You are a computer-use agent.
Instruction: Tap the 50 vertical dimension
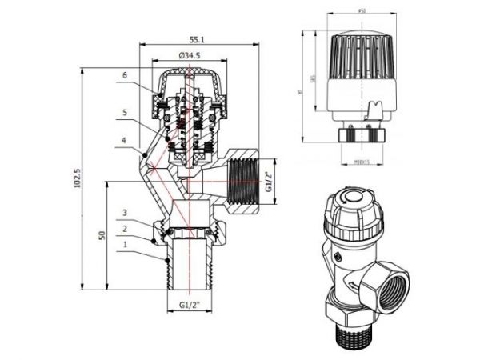pos(102,237)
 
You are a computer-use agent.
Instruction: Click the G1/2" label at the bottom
pos(189,304)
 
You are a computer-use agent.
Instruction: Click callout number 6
pos(125,75)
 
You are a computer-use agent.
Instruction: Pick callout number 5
pos(125,112)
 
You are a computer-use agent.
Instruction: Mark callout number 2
pos(125,228)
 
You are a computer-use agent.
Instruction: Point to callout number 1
pos(125,245)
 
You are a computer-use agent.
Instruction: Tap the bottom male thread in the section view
pos(189,267)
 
